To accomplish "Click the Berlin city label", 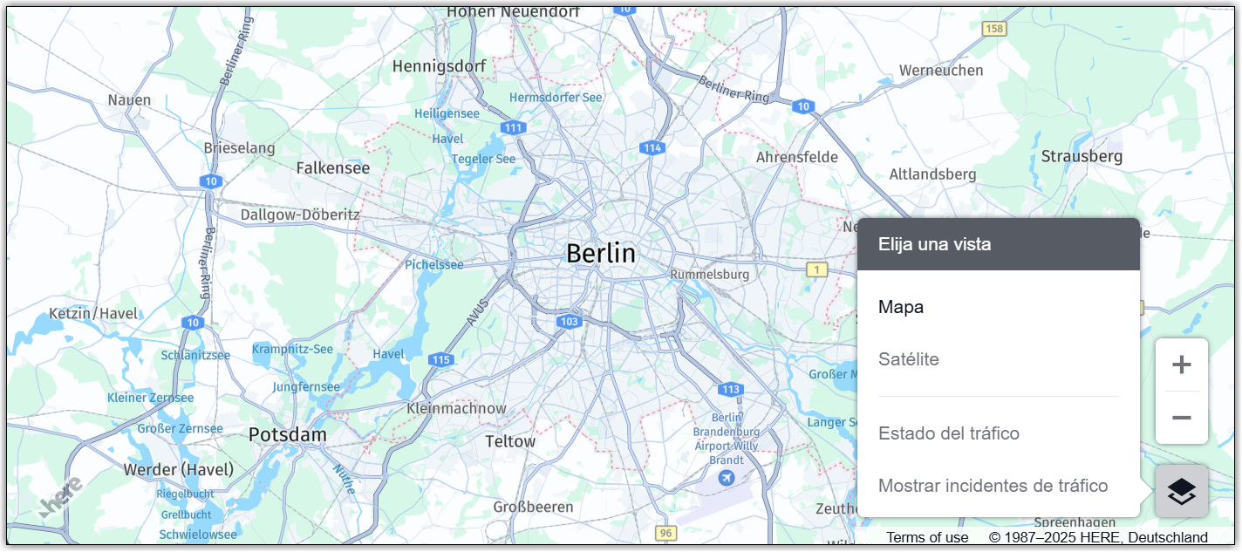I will pyautogui.click(x=601, y=253).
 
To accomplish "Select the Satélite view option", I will pyautogui.click(x=908, y=359).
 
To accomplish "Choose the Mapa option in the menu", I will pyautogui.click(x=900, y=307).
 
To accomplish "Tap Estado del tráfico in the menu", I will pyautogui.click(x=948, y=433).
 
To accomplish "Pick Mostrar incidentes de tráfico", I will pyautogui.click(x=993, y=486).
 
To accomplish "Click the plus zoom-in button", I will pyautogui.click(x=1181, y=365).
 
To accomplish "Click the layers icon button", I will pyautogui.click(x=1181, y=491).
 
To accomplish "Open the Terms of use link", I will pyautogui.click(x=927, y=537).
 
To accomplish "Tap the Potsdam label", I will pyautogui.click(x=287, y=434).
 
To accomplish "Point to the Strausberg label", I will pyautogui.click(x=1082, y=156).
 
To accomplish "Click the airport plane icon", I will pyautogui.click(x=726, y=477).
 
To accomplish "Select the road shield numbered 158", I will pyautogui.click(x=993, y=29).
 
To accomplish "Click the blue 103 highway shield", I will pyautogui.click(x=569, y=322).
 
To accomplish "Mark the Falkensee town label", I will pyautogui.click(x=332, y=167).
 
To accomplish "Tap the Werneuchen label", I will pyautogui.click(x=940, y=70).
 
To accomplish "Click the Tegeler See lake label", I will pyautogui.click(x=483, y=159).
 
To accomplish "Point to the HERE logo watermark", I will pyautogui.click(x=61, y=495).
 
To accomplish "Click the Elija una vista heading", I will pyautogui.click(x=934, y=244).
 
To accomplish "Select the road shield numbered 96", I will pyautogui.click(x=665, y=532).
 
